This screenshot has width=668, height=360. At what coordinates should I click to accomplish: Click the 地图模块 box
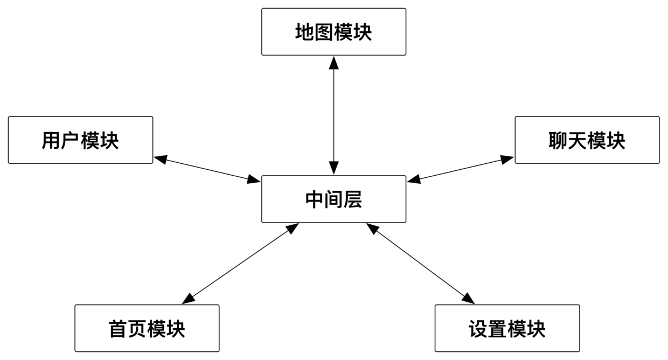[x=333, y=32]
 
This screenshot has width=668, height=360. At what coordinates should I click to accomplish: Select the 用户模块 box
[x=80, y=140]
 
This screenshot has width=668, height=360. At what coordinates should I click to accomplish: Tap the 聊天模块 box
[x=587, y=140]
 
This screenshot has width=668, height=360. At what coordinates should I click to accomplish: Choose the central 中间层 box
[x=333, y=199]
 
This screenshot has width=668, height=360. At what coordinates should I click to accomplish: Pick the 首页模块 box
[x=147, y=328]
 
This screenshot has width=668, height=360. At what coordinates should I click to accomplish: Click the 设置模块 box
[x=507, y=328]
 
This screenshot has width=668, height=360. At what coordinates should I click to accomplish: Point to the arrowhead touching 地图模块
[x=333, y=63]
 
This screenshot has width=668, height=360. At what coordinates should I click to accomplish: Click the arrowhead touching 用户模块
[x=161, y=158]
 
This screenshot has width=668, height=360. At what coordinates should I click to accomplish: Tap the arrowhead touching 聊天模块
[x=506, y=159]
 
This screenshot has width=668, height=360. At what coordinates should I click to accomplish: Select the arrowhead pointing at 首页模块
[x=189, y=299]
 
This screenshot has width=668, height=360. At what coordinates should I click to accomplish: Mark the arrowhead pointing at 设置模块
[x=468, y=298]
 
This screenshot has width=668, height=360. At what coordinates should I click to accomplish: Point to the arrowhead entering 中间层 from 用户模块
[x=253, y=179]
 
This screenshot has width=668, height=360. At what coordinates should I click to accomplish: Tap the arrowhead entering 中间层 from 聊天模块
[x=414, y=179]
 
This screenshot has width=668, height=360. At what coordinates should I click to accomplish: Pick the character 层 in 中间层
[x=353, y=199]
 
